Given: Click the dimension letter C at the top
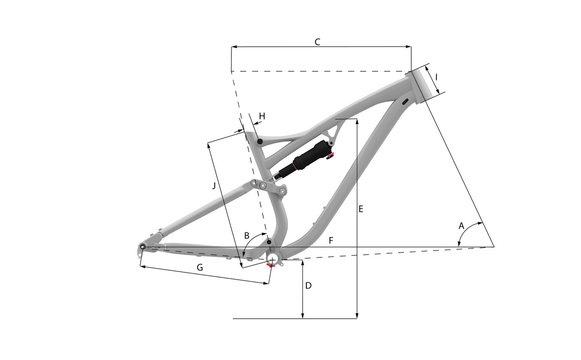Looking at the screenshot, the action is (x=317, y=42).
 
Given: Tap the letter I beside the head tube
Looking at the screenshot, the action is (x=436, y=77).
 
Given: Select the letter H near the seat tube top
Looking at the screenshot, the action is (x=262, y=116).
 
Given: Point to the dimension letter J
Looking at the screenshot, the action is (x=214, y=186).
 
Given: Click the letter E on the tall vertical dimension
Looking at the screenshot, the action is (x=360, y=209).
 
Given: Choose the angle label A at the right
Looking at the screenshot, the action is (x=461, y=226).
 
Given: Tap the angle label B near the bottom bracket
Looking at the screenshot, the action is (x=246, y=236).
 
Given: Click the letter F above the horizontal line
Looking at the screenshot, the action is (x=331, y=241).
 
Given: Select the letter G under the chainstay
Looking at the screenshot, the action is (x=199, y=267).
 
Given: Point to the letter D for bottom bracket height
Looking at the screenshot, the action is (x=308, y=286).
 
